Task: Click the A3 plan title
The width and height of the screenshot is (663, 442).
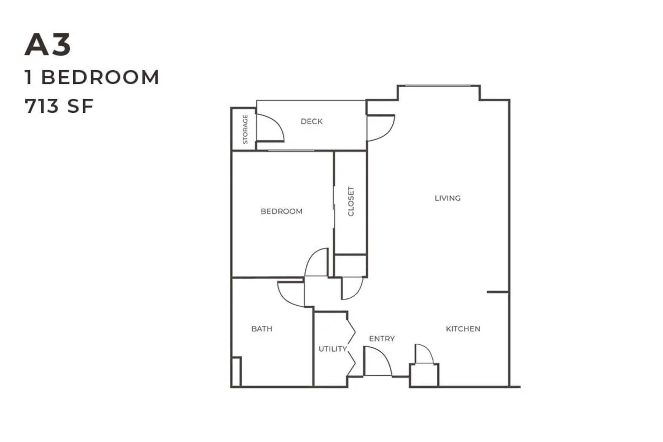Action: (x=48, y=45)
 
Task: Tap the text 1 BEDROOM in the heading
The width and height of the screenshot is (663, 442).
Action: (x=92, y=77)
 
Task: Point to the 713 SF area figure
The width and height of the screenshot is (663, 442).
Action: (x=59, y=106)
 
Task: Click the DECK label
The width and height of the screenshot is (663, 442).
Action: (x=312, y=121)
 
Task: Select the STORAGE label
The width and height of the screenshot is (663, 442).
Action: (x=245, y=129)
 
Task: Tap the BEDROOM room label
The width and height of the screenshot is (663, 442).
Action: (x=281, y=211)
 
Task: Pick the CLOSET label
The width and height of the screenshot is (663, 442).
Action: (x=351, y=201)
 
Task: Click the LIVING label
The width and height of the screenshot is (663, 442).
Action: (x=448, y=198)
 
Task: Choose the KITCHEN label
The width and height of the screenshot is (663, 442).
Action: (x=463, y=329)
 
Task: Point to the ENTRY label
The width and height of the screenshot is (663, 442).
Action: (x=382, y=338)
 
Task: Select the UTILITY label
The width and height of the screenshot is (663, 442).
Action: (x=333, y=349)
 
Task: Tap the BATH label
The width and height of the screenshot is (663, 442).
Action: (x=262, y=329)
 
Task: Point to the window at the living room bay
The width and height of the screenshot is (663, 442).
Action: (x=438, y=86)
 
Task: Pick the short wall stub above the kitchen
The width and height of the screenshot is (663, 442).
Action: (x=498, y=292)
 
